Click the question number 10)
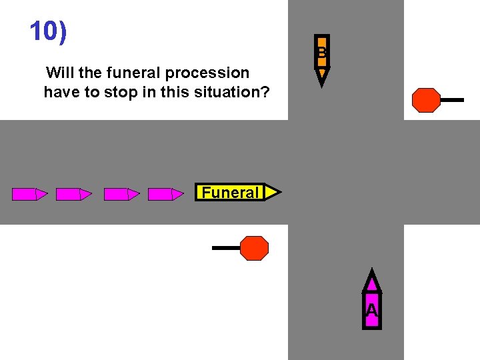coord(49,31)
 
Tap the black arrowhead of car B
coord(322,77)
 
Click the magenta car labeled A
coord(372,304)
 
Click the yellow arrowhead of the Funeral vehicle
coord(272,193)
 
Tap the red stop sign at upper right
coord(426,100)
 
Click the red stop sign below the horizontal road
coord(254,248)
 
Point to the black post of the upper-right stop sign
coord(452,100)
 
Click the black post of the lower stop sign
coord(226,248)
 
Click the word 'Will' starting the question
coord(60,73)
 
